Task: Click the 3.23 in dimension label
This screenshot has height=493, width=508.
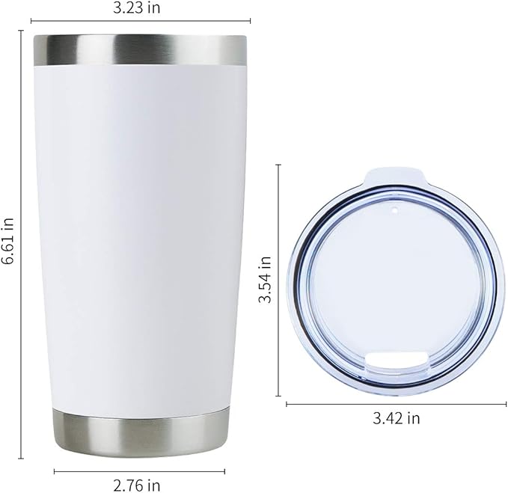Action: point(140,8)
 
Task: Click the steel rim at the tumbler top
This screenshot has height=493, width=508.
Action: point(140,49)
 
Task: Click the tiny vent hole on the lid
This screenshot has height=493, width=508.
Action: point(394,212)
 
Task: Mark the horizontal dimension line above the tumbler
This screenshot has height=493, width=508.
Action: point(140,21)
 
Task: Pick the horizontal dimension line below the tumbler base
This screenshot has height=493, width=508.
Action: point(140,471)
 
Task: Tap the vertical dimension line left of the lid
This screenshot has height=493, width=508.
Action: point(278,279)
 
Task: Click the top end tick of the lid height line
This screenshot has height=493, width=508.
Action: point(278,165)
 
